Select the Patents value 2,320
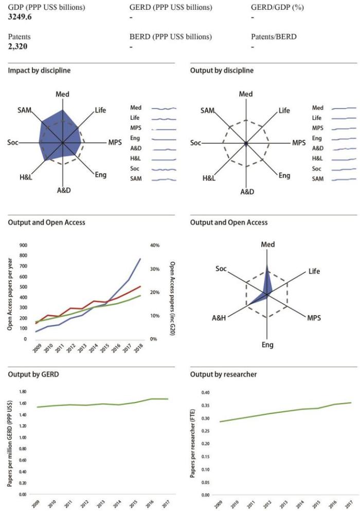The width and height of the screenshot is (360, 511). (19, 47)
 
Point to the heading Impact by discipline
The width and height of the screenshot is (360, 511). (40, 70)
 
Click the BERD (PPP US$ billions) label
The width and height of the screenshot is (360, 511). (171, 38)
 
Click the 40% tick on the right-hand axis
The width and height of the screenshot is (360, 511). (154, 245)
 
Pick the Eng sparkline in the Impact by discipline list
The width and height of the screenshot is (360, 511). (164, 140)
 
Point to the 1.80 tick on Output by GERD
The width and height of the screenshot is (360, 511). (22, 392)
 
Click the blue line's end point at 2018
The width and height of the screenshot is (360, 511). (140, 259)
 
